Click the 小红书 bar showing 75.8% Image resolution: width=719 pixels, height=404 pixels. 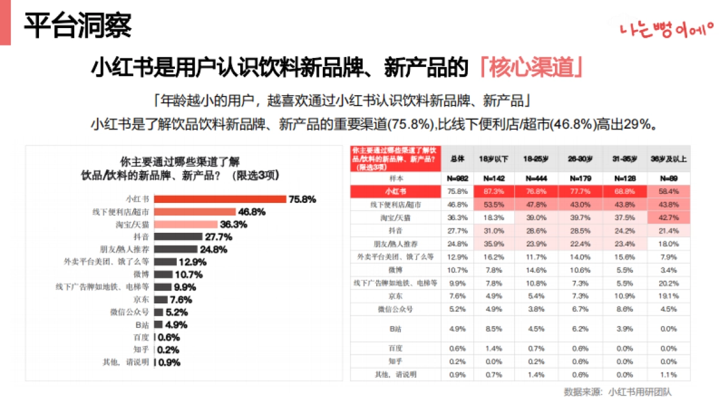tap(220, 199)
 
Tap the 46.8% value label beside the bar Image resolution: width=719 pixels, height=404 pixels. tap(252, 212)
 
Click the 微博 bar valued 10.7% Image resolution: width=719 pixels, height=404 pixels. tap(164, 275)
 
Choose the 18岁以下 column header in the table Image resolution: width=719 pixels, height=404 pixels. tap(494, 159)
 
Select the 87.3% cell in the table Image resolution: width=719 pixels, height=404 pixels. tap(494, 192)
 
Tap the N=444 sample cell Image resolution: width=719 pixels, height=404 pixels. tap(537, 178)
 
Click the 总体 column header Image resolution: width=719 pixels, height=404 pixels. tap(457, 159)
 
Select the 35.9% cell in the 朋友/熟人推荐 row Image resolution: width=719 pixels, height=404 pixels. tap(494, 244)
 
